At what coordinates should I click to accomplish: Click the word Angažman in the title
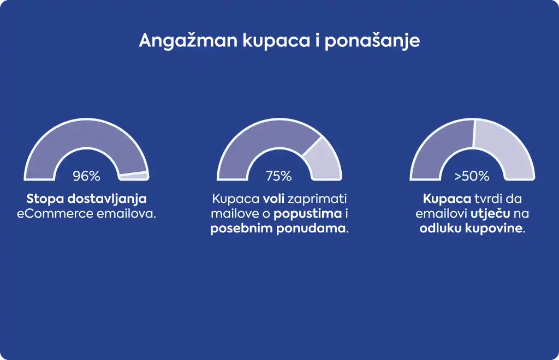point(188,41)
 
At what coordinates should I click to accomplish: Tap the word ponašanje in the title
point(372,41)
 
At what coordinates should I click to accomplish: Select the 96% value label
point(87,176)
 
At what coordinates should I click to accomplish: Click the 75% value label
point(279,176)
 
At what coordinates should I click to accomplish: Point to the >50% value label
point(472,176)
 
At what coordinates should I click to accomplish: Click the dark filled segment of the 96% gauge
point(86,134)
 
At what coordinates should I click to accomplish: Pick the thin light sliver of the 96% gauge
point(135,176)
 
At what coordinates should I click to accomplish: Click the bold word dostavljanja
point(107,199)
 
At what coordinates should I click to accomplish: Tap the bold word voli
point(273,199)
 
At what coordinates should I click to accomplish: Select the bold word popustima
point(308,214)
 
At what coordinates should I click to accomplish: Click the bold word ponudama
point(311,228)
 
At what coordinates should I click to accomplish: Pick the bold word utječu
point(490,214)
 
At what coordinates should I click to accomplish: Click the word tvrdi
point(488,199)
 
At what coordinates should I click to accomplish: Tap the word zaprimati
point(317,199)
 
